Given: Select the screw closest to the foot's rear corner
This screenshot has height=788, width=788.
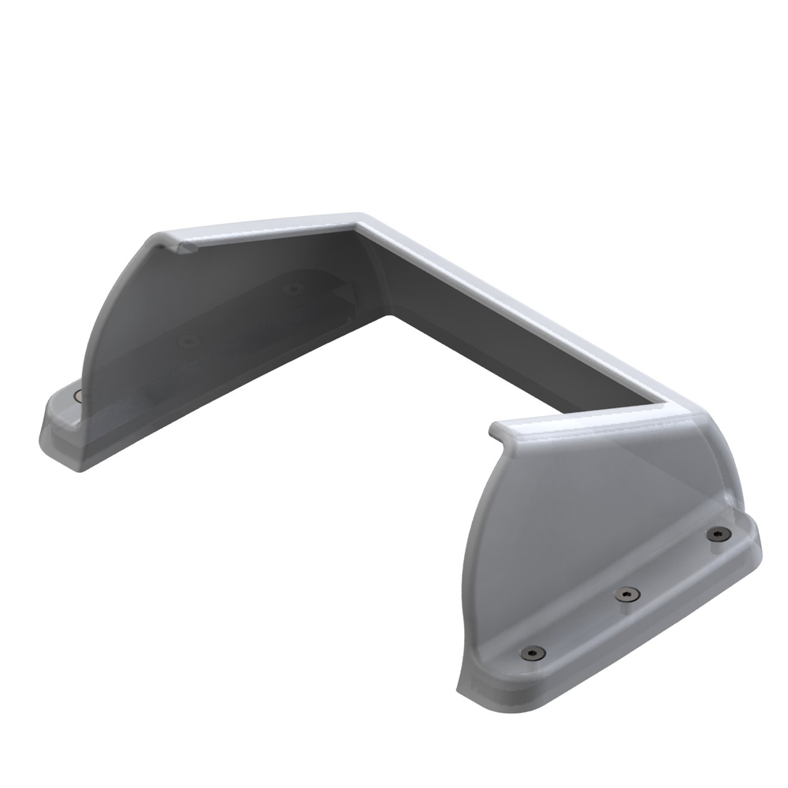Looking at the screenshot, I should [x=716, y=535].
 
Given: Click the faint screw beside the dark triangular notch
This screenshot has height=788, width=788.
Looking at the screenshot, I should [x=293, y=288].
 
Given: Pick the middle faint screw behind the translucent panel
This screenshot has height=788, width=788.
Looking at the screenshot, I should [x=188, y=341].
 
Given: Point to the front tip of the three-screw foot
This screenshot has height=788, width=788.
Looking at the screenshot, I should [x=473, y=693].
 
